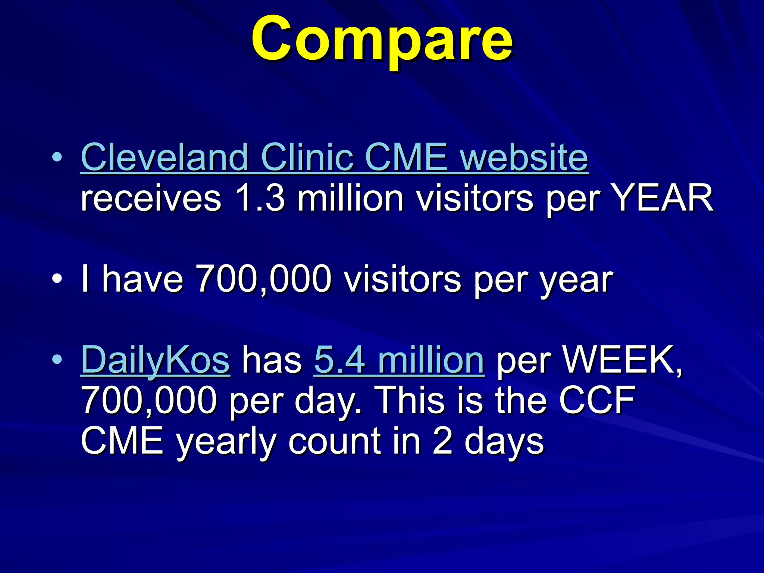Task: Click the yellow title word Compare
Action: point(382,39)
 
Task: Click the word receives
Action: point(151,198)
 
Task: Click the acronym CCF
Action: point(597,400)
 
